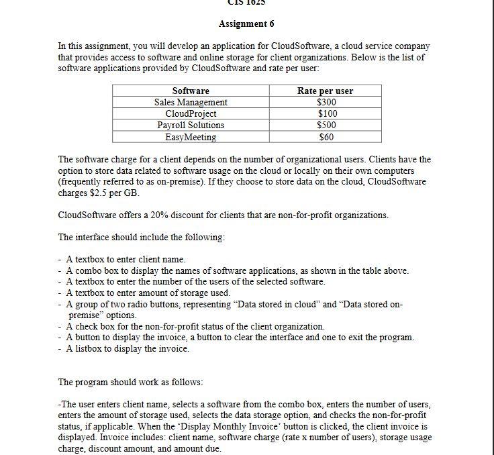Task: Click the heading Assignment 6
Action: pos(246,23)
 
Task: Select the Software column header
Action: pos(191,91)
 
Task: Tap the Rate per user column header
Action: pos(325,91)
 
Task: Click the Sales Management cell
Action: pos(191,102)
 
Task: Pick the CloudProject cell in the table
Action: pos(191,113)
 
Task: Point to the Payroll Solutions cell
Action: pos(191,125)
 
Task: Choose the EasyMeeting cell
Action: pos(191,137)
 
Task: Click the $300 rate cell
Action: pos(326,102)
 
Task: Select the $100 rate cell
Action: pos(326,113)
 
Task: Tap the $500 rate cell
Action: pos(326,125)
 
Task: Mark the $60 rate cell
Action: pos(326,137)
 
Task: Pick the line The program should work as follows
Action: pos(130,382)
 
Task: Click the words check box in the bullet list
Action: pos(95,326)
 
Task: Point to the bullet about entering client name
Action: pos(125,259)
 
